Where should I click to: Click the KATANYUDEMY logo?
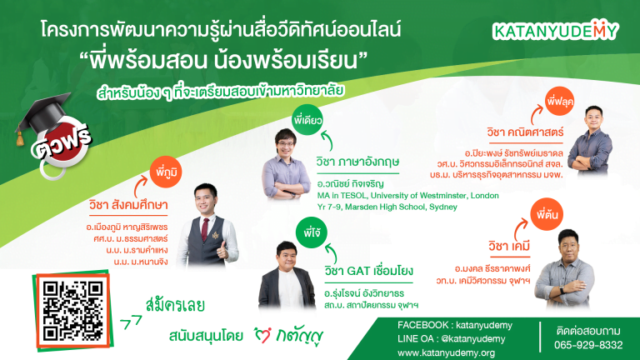coord(556,31)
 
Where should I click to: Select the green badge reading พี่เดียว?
coord(307,120)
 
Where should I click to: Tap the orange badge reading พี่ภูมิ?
coord(166,172)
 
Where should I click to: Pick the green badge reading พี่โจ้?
coord(312,232)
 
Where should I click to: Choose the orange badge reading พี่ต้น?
coord(547,215)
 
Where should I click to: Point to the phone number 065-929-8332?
coord(588,345)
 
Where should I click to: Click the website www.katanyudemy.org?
coord(446,352)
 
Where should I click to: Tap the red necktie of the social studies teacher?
coord(204,230)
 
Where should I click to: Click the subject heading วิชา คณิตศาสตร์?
coord(525,132)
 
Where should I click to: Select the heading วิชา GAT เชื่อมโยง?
coord(369,271)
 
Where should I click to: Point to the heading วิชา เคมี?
coord(509,246)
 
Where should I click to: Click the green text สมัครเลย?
coord(175,305)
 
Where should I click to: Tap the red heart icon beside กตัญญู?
coord(262,335)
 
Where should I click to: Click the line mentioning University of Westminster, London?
coord(408,196)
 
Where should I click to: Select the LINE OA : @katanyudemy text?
coord(452,339)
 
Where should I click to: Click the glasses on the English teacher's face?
coord(285,143)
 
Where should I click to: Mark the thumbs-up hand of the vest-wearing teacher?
coord(222,251)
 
